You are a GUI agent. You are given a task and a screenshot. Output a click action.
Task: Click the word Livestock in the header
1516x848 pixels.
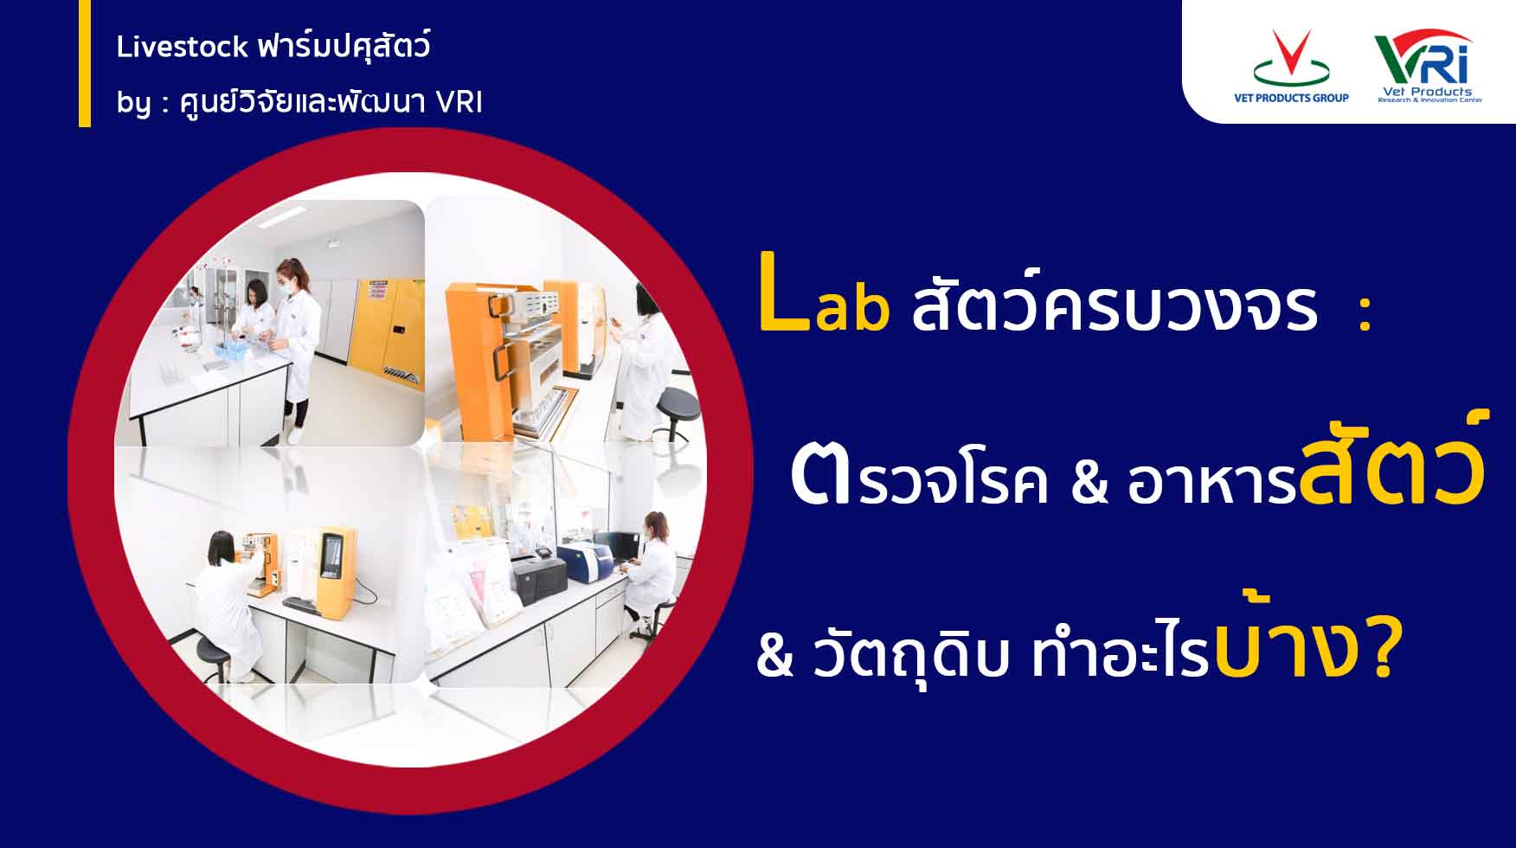coord(183,47)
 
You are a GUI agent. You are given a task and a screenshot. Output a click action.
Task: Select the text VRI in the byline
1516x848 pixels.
coord(459,102)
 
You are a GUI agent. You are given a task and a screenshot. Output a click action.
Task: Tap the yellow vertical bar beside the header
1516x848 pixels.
coord(84,63)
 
